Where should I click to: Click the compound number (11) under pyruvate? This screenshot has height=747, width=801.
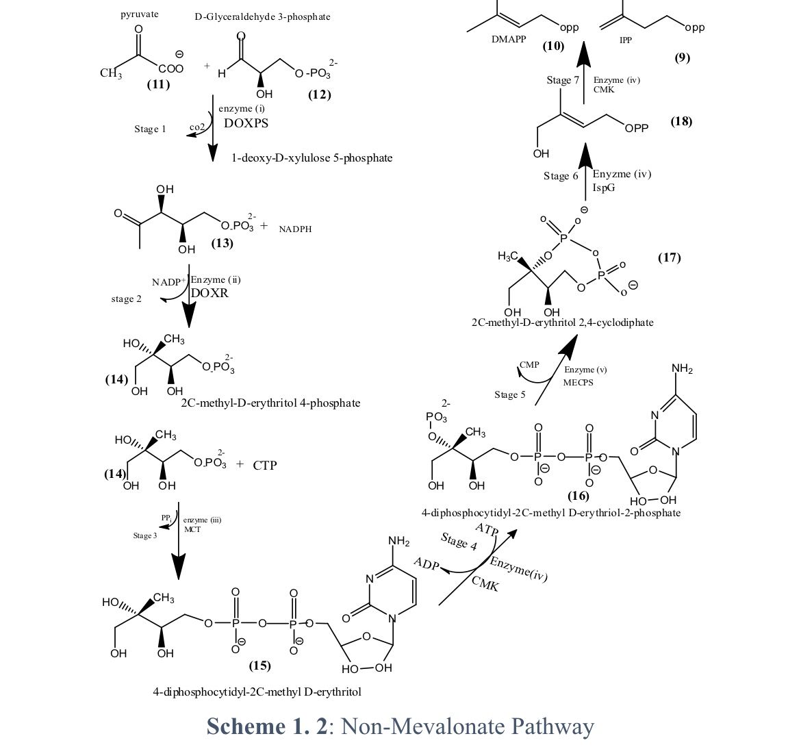pyautogui.click(x=158, y=85)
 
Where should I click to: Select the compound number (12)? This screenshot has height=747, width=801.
pyautogui.click(x=319, y=94)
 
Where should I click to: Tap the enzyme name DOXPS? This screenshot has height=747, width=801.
pyautogui.click(x=246, y=124)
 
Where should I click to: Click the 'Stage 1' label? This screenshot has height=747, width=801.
pyautogui.click(x=150, y=129)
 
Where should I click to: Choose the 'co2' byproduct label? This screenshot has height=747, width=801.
pyautogui.click(x=196, y=128)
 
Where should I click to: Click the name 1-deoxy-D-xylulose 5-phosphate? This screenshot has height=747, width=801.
pyautogui.click(x=311, y=158)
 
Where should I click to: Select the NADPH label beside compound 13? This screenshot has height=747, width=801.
pyautogui.click(x=295, y=229)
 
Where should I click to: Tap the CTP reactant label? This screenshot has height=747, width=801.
pyautogui.click(x=265, y=466)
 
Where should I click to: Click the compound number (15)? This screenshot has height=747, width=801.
pyautogui.click(x=259, y=666)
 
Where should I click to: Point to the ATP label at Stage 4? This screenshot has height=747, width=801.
pyautogui.click(x=487, y=530)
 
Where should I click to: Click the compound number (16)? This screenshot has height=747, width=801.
pyautogui.click(x=578, y=496)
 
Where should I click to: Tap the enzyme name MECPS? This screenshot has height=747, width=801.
pyautogui.click(x=578, y=383)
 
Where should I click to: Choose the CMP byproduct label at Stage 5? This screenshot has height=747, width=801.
pyautogui.click(x=529, y=365)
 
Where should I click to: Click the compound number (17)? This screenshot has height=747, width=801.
pyautogui.click(x=669, y=257)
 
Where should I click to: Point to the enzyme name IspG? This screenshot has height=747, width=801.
pyautogui.click(x=604, y=188)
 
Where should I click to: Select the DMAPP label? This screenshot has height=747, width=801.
pyautogui.click(x=509, y=40)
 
